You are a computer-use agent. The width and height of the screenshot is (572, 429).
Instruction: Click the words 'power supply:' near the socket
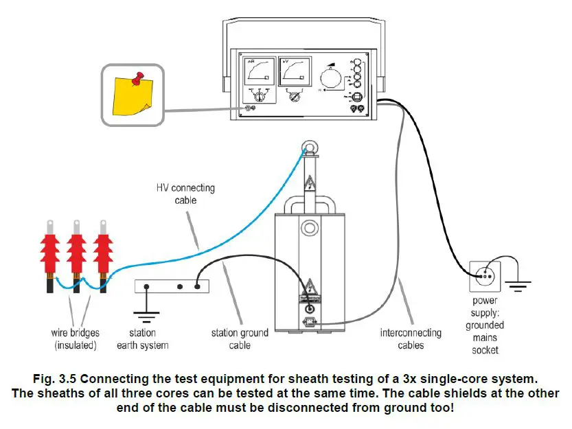click(x=485, y=307)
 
